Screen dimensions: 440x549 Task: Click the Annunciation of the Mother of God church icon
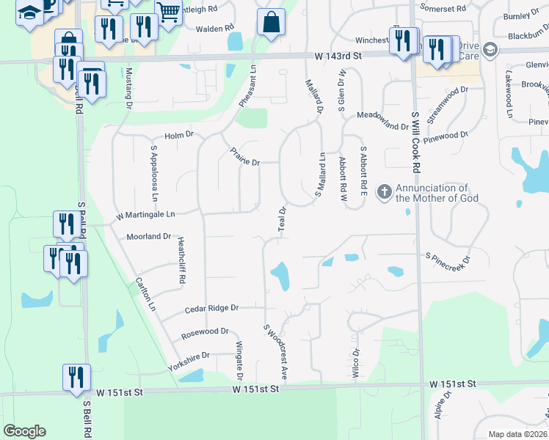pos(384,193)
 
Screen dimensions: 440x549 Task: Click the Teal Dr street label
pos(281,219)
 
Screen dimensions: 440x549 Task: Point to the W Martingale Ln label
pos(146,216)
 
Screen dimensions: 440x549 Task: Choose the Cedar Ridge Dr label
pos(212,309)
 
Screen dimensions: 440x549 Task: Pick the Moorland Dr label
pos(148,237)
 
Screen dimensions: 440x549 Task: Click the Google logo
pos(24,430)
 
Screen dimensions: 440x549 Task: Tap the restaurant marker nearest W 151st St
pos(76,377)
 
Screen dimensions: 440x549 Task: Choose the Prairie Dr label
pos(244,158)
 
